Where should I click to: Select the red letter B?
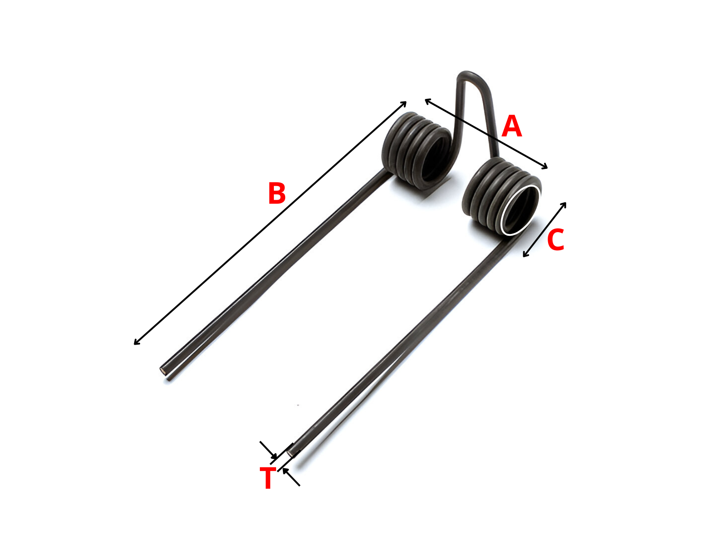277,193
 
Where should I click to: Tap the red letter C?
556,240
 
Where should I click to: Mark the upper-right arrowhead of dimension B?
403,104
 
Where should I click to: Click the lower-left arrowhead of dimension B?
137,342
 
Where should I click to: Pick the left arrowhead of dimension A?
428,101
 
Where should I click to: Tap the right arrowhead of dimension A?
544,167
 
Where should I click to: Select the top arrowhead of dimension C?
564,205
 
